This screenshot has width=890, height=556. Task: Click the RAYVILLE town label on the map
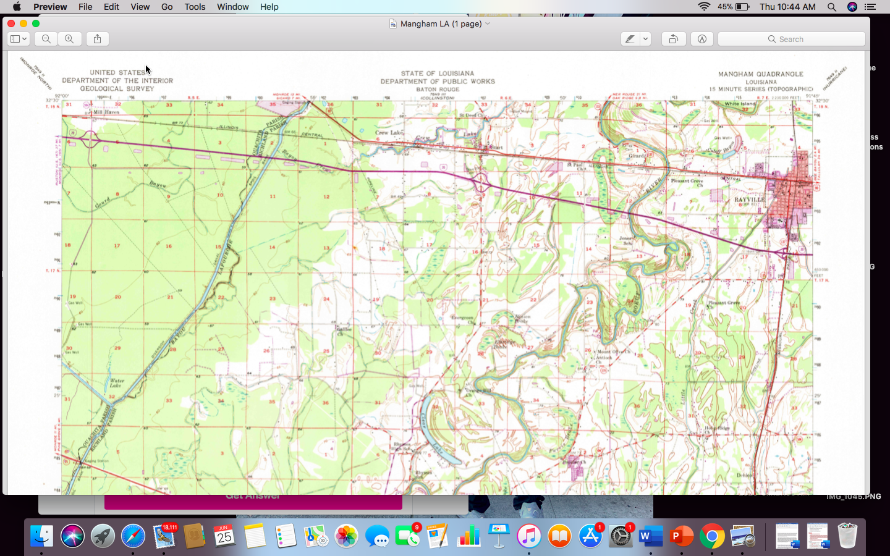click(749, 200)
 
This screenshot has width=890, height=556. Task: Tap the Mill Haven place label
click(105, 112)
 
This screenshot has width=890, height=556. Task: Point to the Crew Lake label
click(389, 132)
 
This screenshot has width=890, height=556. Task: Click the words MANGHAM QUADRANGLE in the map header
click(760, 74)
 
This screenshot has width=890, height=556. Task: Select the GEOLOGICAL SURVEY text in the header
click(117, 88)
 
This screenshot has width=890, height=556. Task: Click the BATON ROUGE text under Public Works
click(438, 89)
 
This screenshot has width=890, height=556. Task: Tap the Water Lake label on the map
click(117, 383)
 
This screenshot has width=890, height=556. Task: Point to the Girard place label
click(637, 156)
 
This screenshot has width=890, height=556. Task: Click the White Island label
click(740, 104)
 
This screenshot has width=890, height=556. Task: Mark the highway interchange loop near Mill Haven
click(91, 139)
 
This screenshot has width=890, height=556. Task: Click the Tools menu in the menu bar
click(195, 7)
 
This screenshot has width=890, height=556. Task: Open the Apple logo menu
click(17, 7)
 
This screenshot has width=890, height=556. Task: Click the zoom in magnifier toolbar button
click(69, 39)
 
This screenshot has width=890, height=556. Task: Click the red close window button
click(11, 23)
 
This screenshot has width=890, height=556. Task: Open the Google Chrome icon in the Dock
click(712, 536)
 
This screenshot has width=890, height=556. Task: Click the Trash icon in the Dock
click(847, 536)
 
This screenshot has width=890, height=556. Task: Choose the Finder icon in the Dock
click(41, 536)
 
